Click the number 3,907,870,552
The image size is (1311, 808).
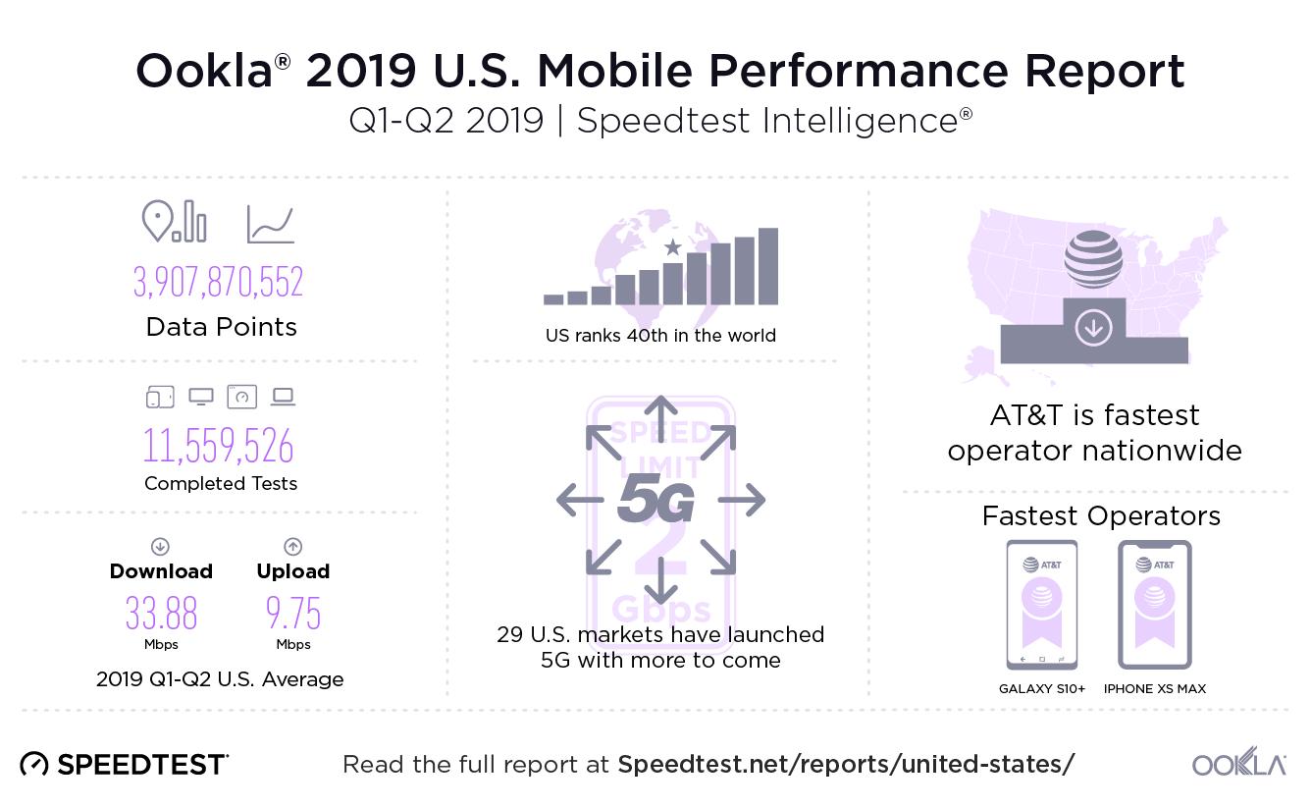[x=218, y=282]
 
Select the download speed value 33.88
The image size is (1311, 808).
[x=161, y=614]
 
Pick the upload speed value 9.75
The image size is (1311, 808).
[x=292, y=614]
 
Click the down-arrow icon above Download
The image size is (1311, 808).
[x=160, y=547]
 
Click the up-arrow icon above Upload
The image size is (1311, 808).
[x=292, y=547]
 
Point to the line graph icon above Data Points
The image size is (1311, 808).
[x=270, y=224]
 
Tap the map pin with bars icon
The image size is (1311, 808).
[x=174, y=221]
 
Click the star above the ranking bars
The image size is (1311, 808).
[x=672, y=247]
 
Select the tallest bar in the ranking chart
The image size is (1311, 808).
[x=767, y=266]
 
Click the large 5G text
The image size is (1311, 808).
[x=655, y=502]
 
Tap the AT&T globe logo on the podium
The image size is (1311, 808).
[x=1092, y=258]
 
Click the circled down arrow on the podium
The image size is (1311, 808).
[x=1092, y=328]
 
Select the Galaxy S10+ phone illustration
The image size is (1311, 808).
[x=1041, y=605]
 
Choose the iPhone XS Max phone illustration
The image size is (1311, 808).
[x=1154, y=605]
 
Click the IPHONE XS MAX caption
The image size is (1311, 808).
[x=1154, y=689]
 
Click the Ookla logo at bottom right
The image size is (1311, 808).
[x=1238, y=765]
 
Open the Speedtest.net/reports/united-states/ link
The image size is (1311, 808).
[x=846, y=764]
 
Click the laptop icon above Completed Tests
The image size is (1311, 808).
[x=283, y=397]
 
